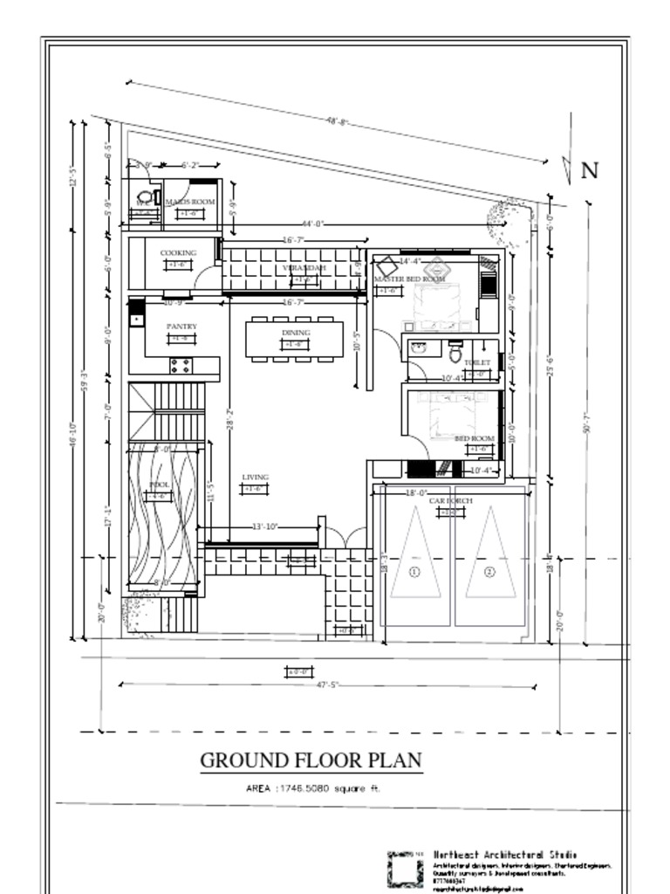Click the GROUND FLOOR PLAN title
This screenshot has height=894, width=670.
pos(311,760)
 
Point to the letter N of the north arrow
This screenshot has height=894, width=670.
pos(590,170)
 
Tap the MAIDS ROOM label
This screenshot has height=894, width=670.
pos(190,202)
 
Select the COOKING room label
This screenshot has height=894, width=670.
pos(178,252)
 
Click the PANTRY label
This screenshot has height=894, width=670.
pos(181,327)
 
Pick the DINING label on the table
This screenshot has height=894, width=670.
pos(296,333)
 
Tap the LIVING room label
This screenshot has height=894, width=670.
pos(255,477)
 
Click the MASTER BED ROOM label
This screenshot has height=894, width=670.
pos(409,279)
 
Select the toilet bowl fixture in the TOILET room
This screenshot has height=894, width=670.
pos(455,354)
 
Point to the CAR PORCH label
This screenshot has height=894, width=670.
pos(450,501)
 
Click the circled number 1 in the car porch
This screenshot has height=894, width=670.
pos(414,572)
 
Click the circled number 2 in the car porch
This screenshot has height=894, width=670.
pos(489,572)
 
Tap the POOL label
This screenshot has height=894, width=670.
pos(160,485)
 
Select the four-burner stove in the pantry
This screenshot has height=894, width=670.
pos(181,365)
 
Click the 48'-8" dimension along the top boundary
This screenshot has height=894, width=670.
pos(338,121)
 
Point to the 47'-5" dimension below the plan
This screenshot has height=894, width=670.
pos(326,685)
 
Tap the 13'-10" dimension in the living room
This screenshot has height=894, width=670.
pos(264,526)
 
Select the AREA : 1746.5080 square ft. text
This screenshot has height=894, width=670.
pos(313,788)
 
